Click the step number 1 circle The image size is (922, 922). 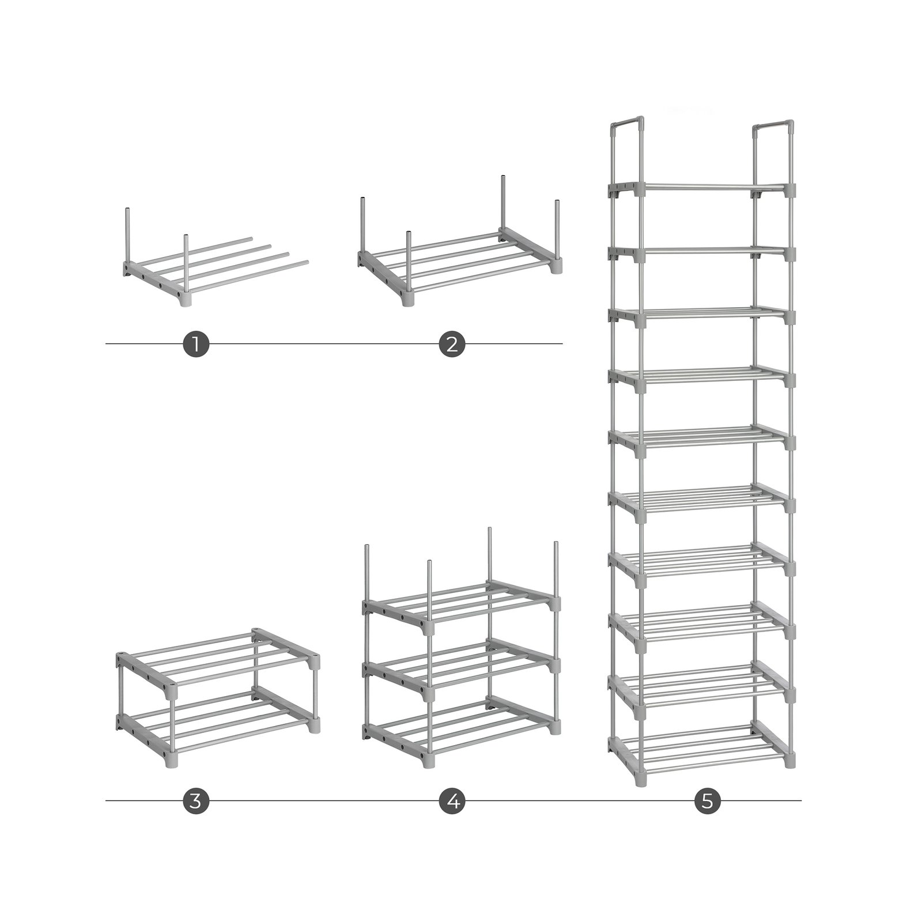(196, 344)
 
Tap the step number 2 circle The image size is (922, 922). (452, 344)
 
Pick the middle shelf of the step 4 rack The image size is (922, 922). (461, 668)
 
